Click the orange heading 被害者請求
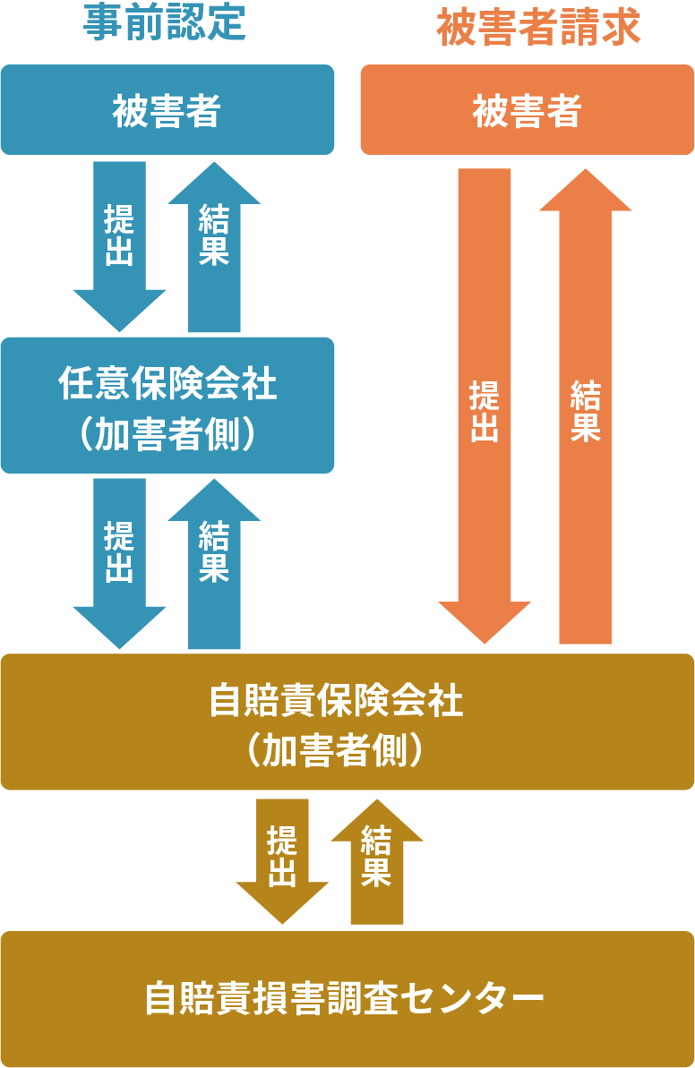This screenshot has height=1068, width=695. coord(538,27)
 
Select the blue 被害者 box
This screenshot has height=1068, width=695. coord(167,110)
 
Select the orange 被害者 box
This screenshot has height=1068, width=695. coord(527,110)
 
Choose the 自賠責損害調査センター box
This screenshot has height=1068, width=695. coord(347,999)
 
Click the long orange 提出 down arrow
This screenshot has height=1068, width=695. coord(485,403)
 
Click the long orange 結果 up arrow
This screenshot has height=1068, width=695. coord(585,403)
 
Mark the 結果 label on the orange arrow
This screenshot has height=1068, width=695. coord(585,410)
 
